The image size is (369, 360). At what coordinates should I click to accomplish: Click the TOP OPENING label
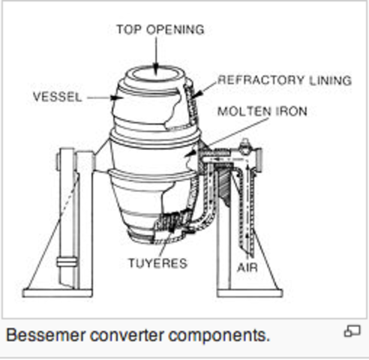160,30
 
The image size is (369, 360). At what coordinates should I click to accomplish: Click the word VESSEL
57,97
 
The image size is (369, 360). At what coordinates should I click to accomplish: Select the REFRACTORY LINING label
284,80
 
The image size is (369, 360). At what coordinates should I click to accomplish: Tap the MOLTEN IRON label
262,112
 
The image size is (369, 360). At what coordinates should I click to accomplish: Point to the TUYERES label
157,264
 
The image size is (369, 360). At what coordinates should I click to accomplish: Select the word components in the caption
224,334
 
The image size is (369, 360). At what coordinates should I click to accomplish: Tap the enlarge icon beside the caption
352,331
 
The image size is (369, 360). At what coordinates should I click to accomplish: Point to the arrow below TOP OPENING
156,54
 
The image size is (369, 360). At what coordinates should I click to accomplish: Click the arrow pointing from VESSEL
100,97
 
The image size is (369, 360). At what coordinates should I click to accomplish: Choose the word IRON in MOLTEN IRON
291,112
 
